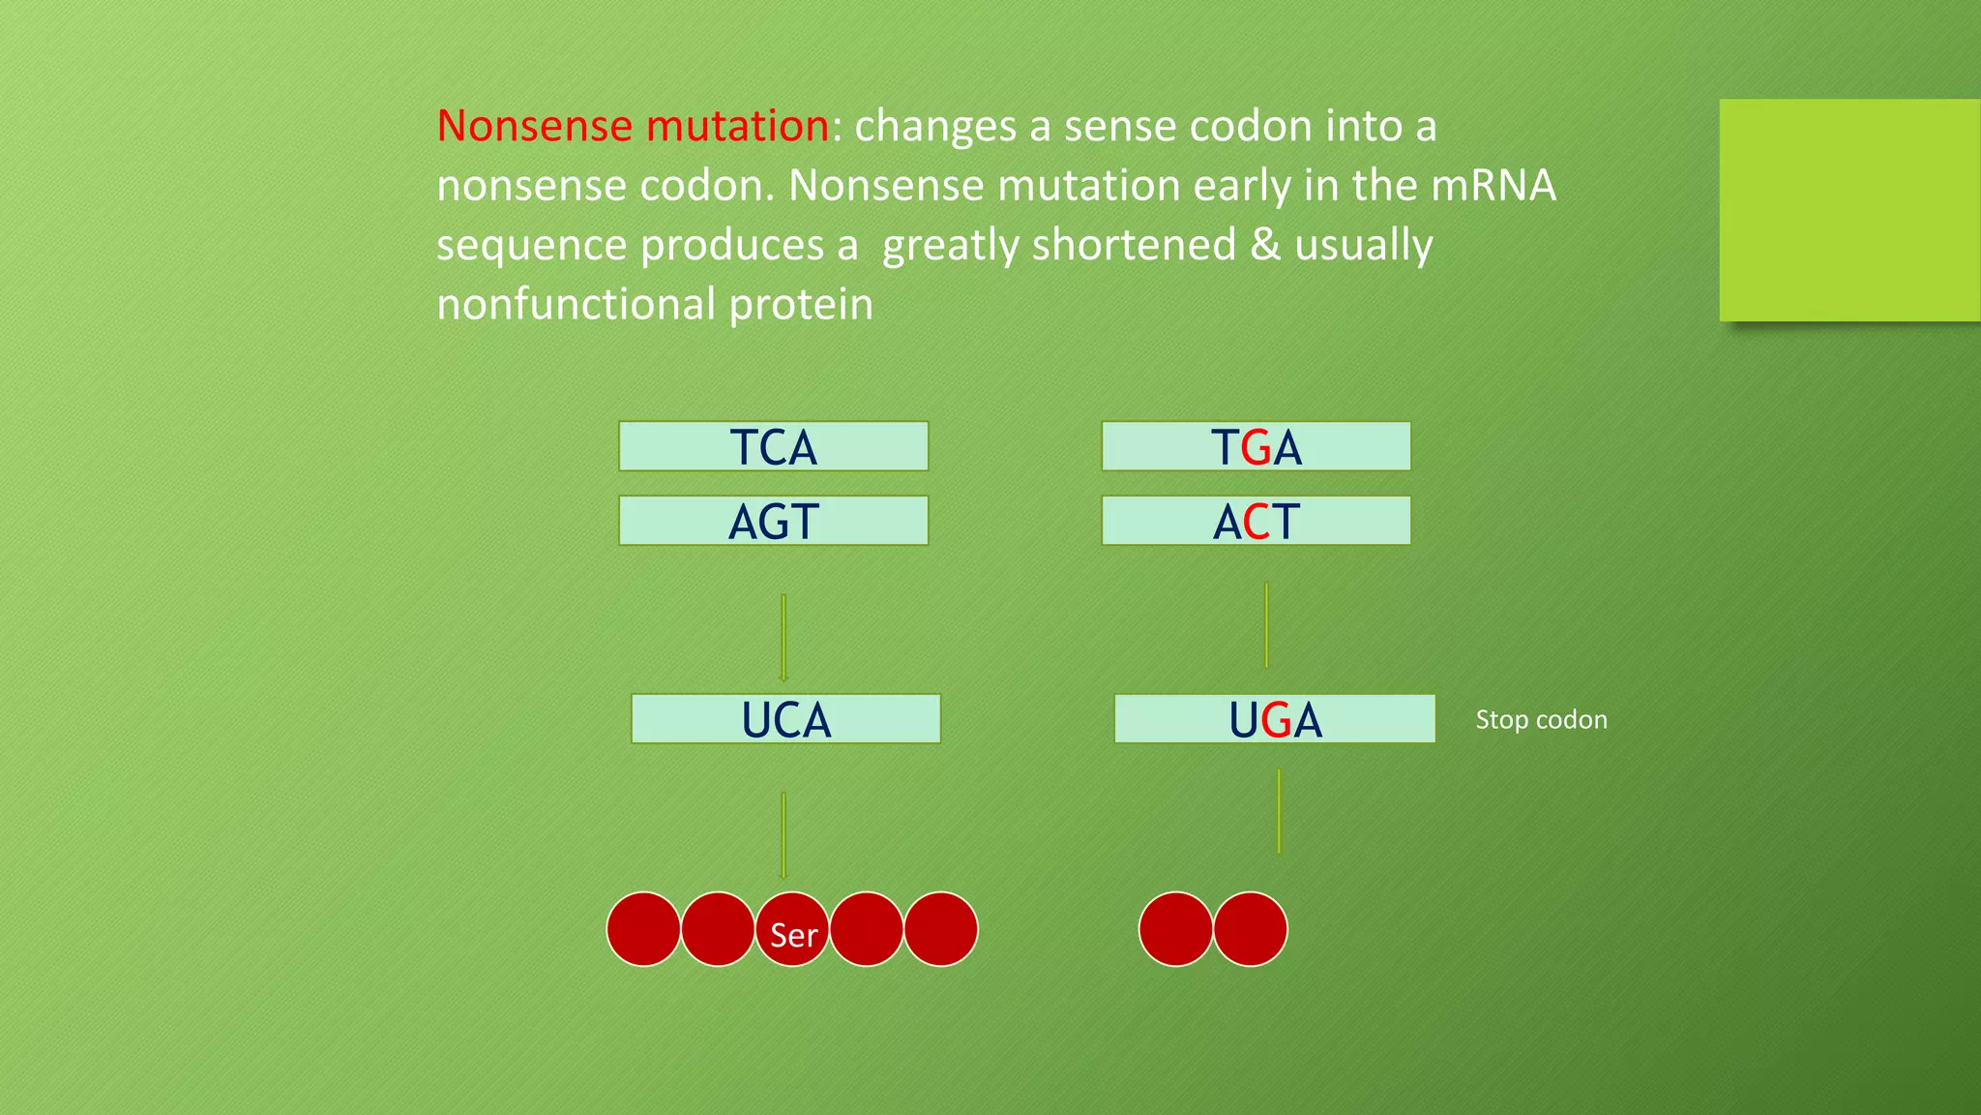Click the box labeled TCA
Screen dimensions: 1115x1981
[x=773, y=446]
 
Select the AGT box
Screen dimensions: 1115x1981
[x=773, y=521]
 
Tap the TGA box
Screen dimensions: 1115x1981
[x=1256, y=446]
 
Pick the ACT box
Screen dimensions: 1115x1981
[x=1256, y=521]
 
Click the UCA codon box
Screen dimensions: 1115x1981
[x=785, y=719]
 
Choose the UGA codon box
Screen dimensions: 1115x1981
[x=1274, y=719]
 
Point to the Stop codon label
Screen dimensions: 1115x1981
[x=1541, y=720]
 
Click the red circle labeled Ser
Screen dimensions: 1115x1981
[x=792, y=930]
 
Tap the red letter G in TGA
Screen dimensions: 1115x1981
[x=1256, y=448]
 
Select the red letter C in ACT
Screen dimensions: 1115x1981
[x=1256, y=523]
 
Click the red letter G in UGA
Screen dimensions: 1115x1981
[x=1276, y=721]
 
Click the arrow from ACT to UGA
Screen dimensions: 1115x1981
[x=1266, y=625]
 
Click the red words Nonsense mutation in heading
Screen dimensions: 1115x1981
[x=633, y=126]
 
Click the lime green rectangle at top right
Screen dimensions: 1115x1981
[x=1848, y=210]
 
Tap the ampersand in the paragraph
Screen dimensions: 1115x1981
[x=1265, y=245]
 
